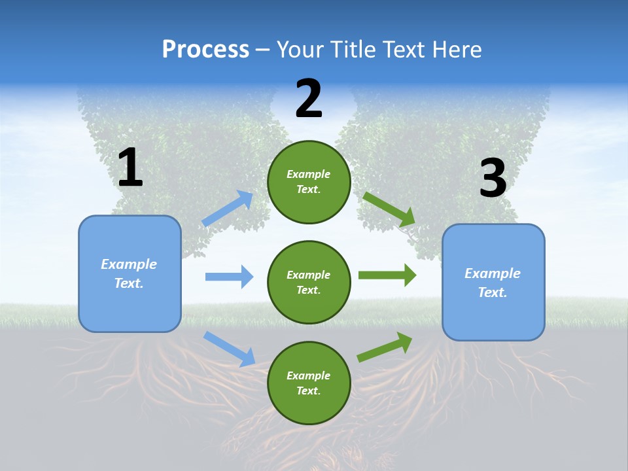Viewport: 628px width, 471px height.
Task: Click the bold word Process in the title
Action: tap(205, 50)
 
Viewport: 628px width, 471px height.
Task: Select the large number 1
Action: tap(130, 168)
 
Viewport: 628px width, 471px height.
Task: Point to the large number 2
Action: tap(309, 99)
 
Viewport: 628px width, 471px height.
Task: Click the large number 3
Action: tap(493, 179)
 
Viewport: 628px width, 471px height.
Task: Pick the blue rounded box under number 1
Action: tap(130, 273)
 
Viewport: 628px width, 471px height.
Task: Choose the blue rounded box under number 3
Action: tap(493, 282)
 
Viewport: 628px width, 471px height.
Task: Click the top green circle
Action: tap(309, 182)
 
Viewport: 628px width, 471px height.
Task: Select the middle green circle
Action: tap(309, 282)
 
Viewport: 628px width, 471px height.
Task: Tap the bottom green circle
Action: tap(309, 383)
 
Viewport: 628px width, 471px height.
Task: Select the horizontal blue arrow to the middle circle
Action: tap(229, 277)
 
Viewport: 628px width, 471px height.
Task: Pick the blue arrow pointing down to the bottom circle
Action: tap(230, 349)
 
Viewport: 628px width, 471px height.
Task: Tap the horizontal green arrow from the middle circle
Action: tap(387, 275)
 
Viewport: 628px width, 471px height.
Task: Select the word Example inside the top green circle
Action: tap(309, 174)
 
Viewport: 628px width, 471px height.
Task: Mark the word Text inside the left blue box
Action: tap(128, 283)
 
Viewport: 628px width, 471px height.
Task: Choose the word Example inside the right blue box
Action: tap(493, 273)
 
